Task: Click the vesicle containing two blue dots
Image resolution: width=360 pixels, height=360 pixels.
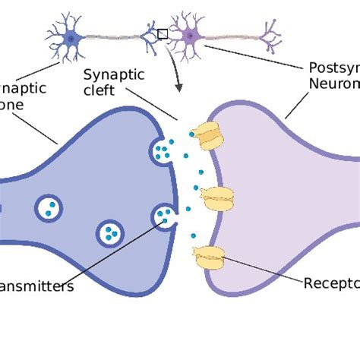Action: (50, 207)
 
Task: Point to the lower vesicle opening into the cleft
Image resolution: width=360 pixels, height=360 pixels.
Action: (164, 217)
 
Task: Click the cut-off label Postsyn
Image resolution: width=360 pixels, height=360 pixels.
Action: (334, 68)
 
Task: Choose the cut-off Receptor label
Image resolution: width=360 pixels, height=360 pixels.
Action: (331, 284)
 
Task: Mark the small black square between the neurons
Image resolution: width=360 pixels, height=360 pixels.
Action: (162, 33)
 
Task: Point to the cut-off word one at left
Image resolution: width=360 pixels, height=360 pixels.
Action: (14, 105)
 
